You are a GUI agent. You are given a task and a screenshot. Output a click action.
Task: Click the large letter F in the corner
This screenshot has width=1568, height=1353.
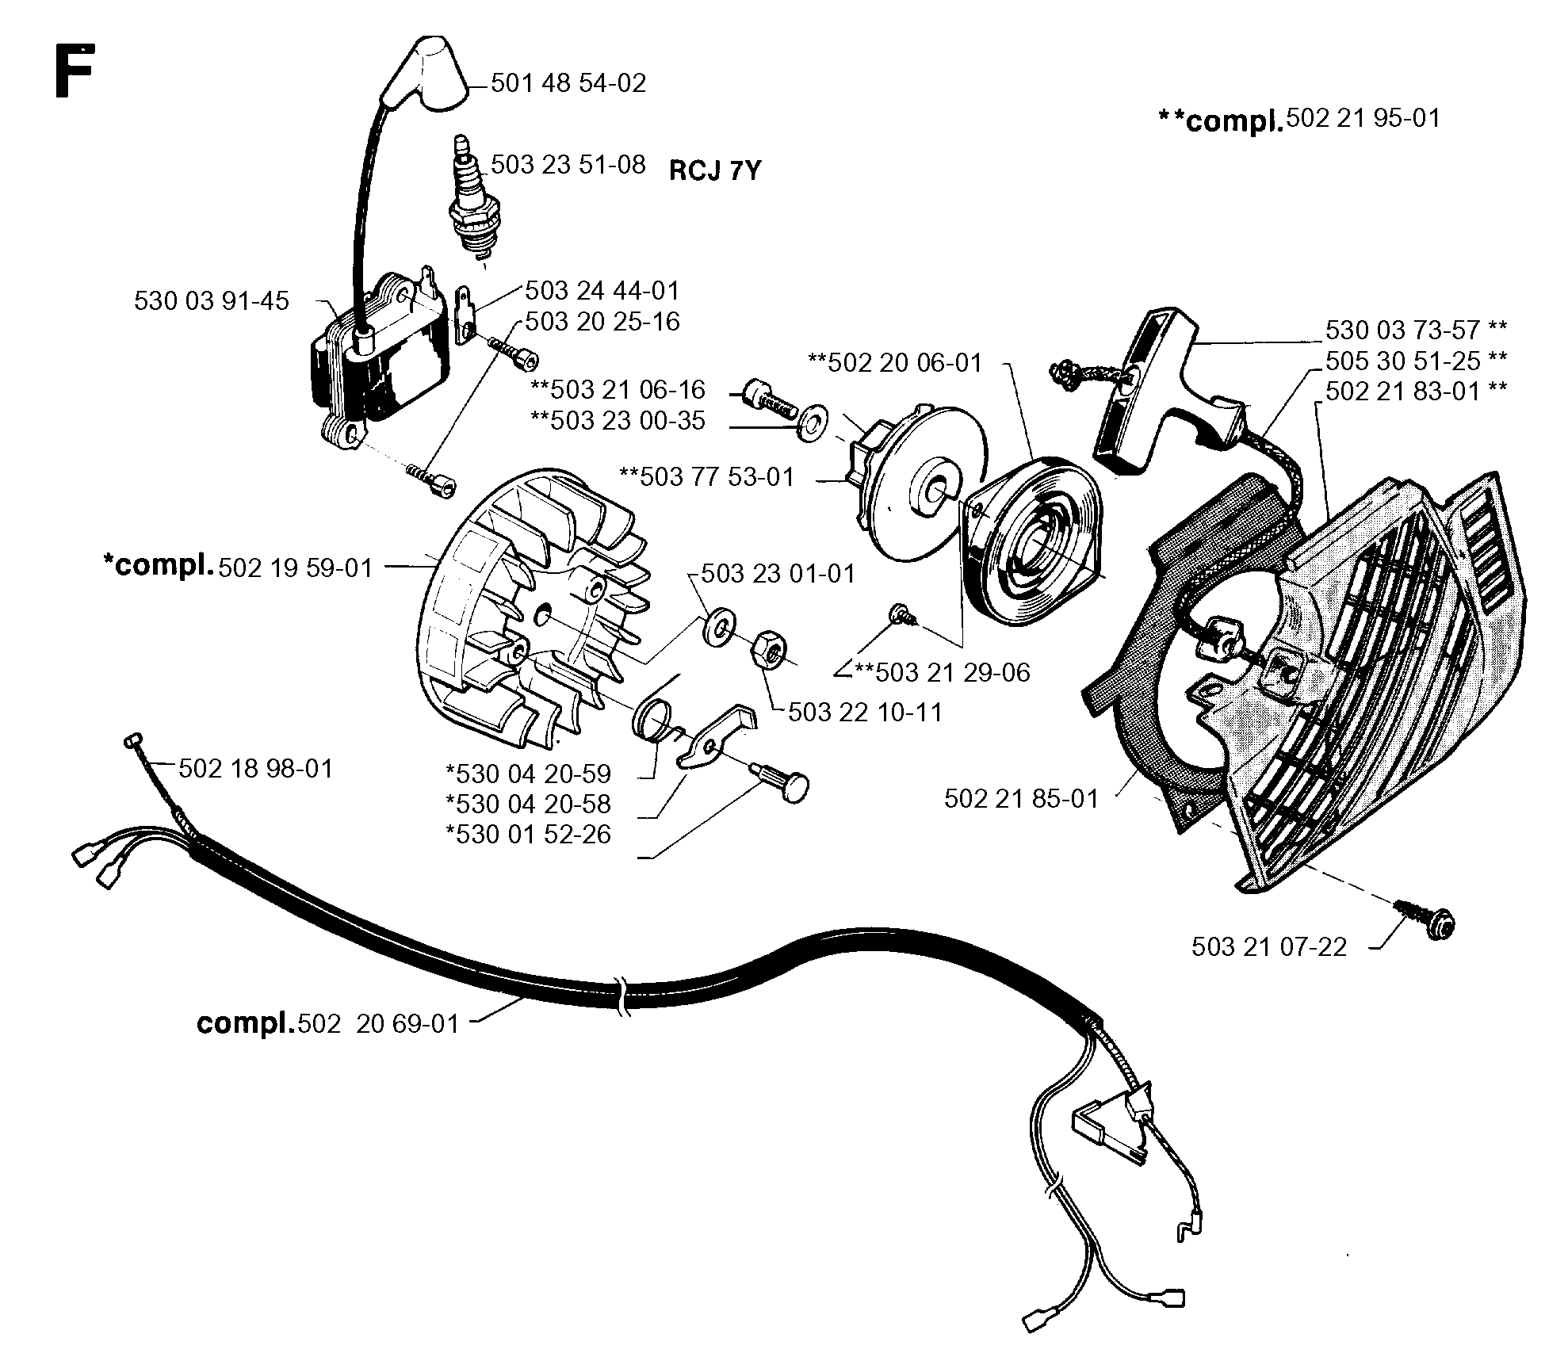tap(75, 71)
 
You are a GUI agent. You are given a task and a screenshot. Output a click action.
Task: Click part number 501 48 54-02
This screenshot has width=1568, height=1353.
tap(568, 83)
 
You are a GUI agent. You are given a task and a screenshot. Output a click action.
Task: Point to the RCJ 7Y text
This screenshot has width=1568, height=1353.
tap(715, 170)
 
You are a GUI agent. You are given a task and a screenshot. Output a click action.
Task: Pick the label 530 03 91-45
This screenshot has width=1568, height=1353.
tap(212, 301)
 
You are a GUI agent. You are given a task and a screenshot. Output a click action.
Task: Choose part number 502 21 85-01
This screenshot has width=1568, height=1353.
tap(1021, 799)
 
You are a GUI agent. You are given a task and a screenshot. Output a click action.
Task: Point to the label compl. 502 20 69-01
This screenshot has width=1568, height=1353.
tap(328, 1024)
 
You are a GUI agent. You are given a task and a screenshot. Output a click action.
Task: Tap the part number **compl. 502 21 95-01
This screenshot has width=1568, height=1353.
tap(1298, 120)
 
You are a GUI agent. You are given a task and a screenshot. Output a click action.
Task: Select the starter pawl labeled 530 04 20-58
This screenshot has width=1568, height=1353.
tap(718, 736)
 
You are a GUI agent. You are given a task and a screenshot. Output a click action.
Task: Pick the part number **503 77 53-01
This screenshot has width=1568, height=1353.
tap(706, 477)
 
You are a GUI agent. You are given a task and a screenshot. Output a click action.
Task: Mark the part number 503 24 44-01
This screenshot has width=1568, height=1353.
tap(602, 291)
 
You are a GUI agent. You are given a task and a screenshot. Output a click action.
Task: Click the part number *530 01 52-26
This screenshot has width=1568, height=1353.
tap(529, 835)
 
